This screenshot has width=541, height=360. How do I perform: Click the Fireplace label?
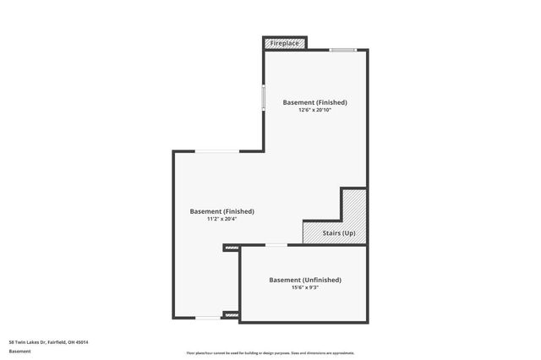tap(285, 42)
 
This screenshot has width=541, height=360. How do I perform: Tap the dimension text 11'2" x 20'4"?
tap(221, 220)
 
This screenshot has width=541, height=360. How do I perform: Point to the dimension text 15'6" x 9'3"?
tap(305, 288)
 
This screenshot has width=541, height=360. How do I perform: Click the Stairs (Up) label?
tap(338, 233)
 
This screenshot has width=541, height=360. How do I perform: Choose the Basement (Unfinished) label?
tap(305, 280)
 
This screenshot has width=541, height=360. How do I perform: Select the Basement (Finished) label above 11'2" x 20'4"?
tap(221, 211)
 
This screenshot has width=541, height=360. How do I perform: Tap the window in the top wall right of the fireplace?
tap(342, 50)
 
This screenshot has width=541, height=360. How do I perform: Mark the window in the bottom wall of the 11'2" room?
tap(208, 319)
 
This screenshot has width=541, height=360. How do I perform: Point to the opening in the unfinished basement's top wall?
tap(276, 245)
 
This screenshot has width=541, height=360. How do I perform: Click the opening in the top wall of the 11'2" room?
tap(218, 151)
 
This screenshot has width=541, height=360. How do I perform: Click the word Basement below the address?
tap(19, 350)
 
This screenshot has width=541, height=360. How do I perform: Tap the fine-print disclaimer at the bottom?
tap(270, 352)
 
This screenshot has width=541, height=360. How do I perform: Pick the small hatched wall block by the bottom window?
tap(231, 315)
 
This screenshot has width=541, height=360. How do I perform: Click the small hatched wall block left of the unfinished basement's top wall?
tap(231, 248)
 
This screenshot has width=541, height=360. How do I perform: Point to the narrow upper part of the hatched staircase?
tap(353, 205)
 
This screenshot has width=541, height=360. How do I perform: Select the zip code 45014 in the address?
tap(81, 341)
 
